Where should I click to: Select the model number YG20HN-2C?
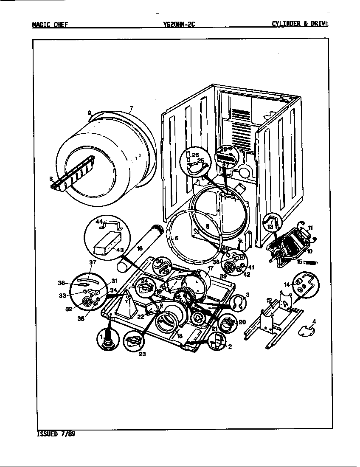pyautogui.click(x=179, y=24)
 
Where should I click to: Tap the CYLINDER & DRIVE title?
pyautogui.click(x=300, y=24)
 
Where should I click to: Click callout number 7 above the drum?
pyautogui.click(x=131, y=109)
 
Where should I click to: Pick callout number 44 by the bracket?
pyautogui.click(x=99, y=222)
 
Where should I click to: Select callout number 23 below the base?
pyautogui.click(x=142, y=354)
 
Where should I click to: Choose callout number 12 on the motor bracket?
pyautogui.click(x=269, y=301)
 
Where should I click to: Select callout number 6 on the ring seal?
pyautogui.click(x=177, y=239)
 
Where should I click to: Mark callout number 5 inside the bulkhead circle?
pyautogui.click(x=208, y=227)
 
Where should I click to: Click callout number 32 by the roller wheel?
pyautogui.click(x=68, y=309)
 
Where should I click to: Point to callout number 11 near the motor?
pyautogui.click(x=310, y=228)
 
